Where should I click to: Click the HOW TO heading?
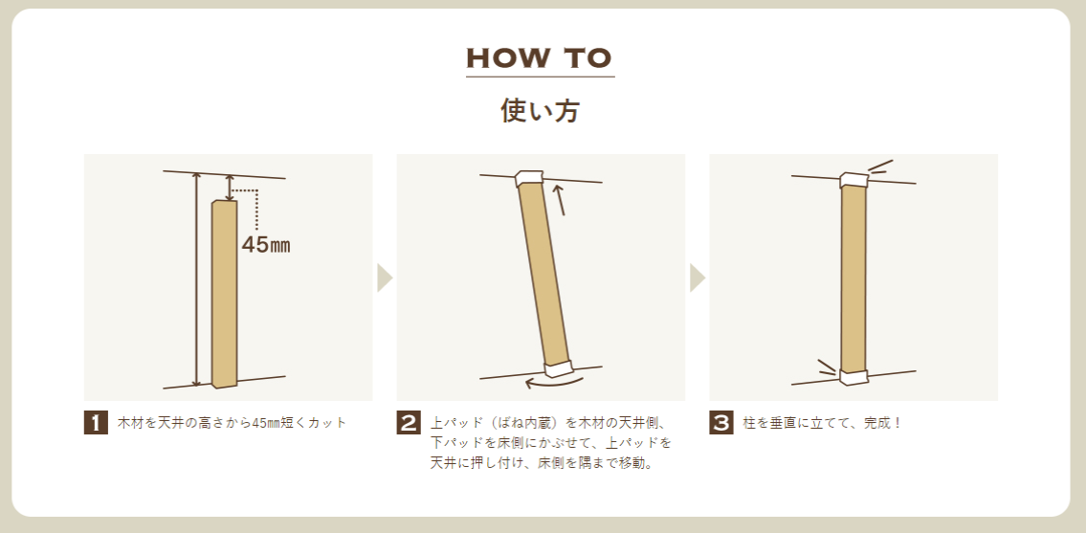tap(541, 59)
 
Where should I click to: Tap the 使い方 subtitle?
tap(541, 111)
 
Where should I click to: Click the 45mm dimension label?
tap(265, 245)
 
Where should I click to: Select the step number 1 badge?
tap(96, 423)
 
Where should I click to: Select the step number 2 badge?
tap(409, 423)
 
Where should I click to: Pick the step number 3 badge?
tap(721, 423)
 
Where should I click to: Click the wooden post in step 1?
tap(225, 293)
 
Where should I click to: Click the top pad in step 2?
tap(531, 178)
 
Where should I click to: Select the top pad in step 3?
tap(854, 180)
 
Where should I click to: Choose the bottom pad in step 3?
tap(854, 377)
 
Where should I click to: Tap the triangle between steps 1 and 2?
tap(385, 278)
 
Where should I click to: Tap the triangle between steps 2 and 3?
tap(697, 278)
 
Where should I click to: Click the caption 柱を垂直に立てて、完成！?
tap(822, 423)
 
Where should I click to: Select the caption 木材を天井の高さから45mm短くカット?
tap(232, 423)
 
